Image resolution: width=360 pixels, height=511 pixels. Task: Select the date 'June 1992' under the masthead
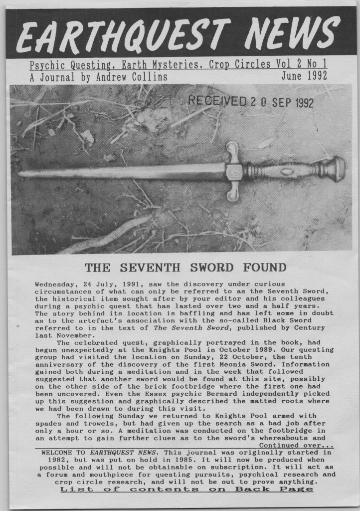coord(304,76)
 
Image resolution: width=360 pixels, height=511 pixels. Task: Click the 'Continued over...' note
coord(296,445)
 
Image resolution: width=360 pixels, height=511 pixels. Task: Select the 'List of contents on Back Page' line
coord(187,489)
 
